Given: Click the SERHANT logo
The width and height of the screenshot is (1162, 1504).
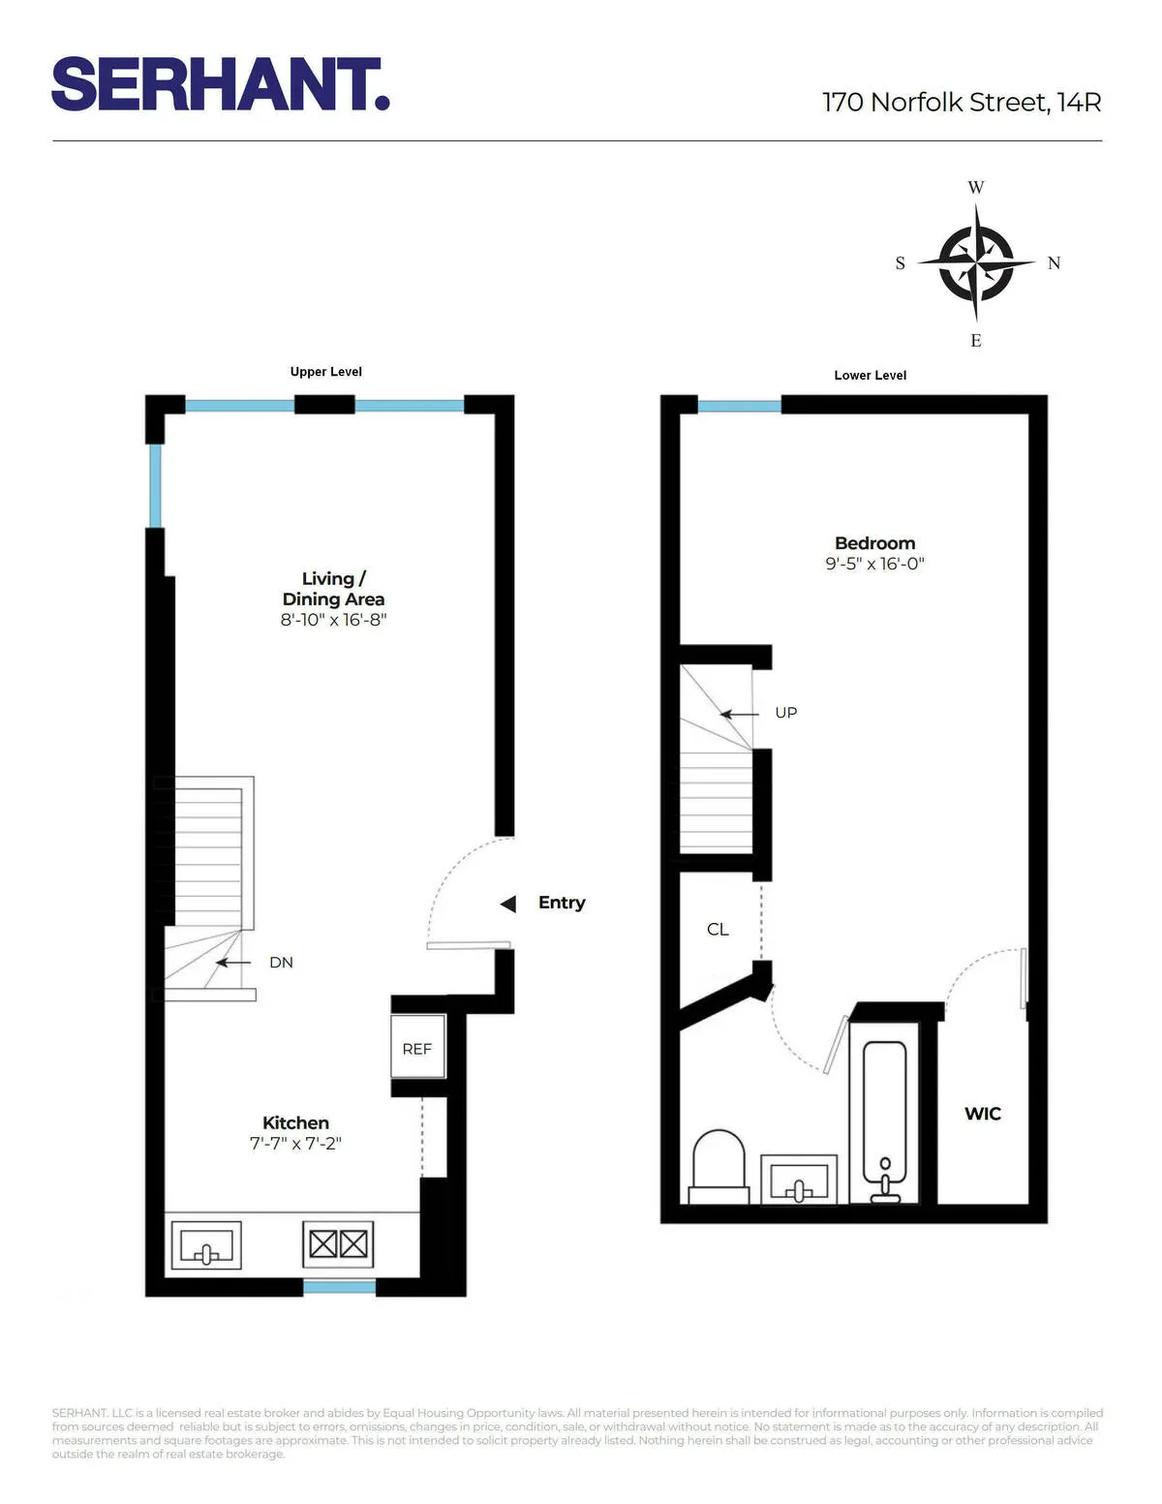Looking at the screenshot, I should coord(221,84).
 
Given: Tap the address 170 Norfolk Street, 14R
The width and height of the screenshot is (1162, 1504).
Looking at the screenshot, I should coord(961,102).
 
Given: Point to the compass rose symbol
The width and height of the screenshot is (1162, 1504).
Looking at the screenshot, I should coord(976,262).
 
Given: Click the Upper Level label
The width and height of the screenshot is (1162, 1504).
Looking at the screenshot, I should coord(325,372).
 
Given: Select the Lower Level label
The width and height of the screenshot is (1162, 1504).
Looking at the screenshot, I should coord(870,376).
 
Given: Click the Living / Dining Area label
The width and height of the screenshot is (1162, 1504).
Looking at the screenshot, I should coord(333,589).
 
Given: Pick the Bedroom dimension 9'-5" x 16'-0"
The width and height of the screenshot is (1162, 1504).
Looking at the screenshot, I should coord(874,564).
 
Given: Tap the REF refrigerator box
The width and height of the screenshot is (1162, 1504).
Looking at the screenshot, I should coord(417,1048).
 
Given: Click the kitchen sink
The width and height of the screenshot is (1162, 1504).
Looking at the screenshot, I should coord(205,1245).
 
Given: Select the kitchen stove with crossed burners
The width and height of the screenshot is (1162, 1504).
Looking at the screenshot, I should coord(338,1243).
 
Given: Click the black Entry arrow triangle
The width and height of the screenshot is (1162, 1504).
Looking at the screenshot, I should coord(507,904).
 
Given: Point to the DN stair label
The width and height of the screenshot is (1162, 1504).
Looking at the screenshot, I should coord(281,963).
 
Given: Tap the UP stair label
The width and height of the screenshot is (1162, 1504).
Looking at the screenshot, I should coord(785,713).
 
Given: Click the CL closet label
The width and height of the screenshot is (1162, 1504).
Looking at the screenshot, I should coord(718,930).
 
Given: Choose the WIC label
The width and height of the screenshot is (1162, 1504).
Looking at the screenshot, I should coord(982,1114).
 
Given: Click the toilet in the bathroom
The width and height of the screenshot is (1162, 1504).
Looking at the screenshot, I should coord(719,1165).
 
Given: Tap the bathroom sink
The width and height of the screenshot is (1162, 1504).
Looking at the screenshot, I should coord(799,1180).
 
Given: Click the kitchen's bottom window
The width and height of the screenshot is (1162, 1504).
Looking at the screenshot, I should coord(339,1287).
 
